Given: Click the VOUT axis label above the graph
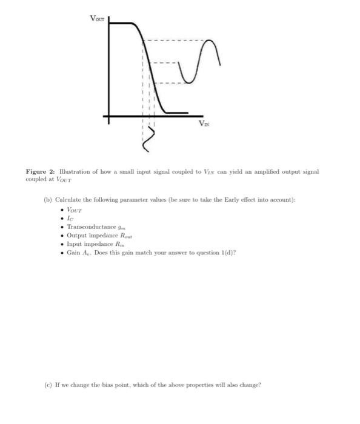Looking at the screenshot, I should click(x=97, y=18).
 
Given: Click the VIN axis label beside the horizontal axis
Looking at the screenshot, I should click(x=205, y=123).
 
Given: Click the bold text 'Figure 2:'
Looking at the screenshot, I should click(x=39, y=172).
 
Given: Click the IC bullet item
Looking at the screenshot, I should click(x=70, y=218).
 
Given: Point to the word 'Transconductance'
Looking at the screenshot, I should click(x=87, y=227).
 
